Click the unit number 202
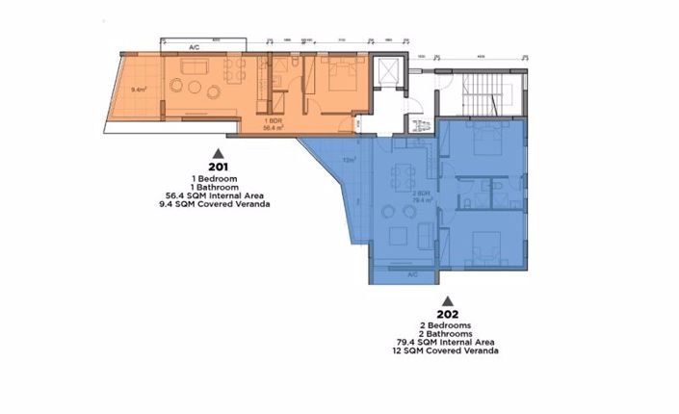pyautogui.click(x=447, y=314)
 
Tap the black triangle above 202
pyautogui.click(x=447, y=299)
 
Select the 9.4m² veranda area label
pyautogui.click(x=139, y=92)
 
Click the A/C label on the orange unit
pyautogui.click(x=194, y=47)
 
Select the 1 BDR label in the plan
pyautogui.click(x=274, y=120)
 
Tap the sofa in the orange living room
pyautogui.click(x=198, y=66)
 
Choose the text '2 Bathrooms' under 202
pyautogui.click(x=447, y=333)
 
